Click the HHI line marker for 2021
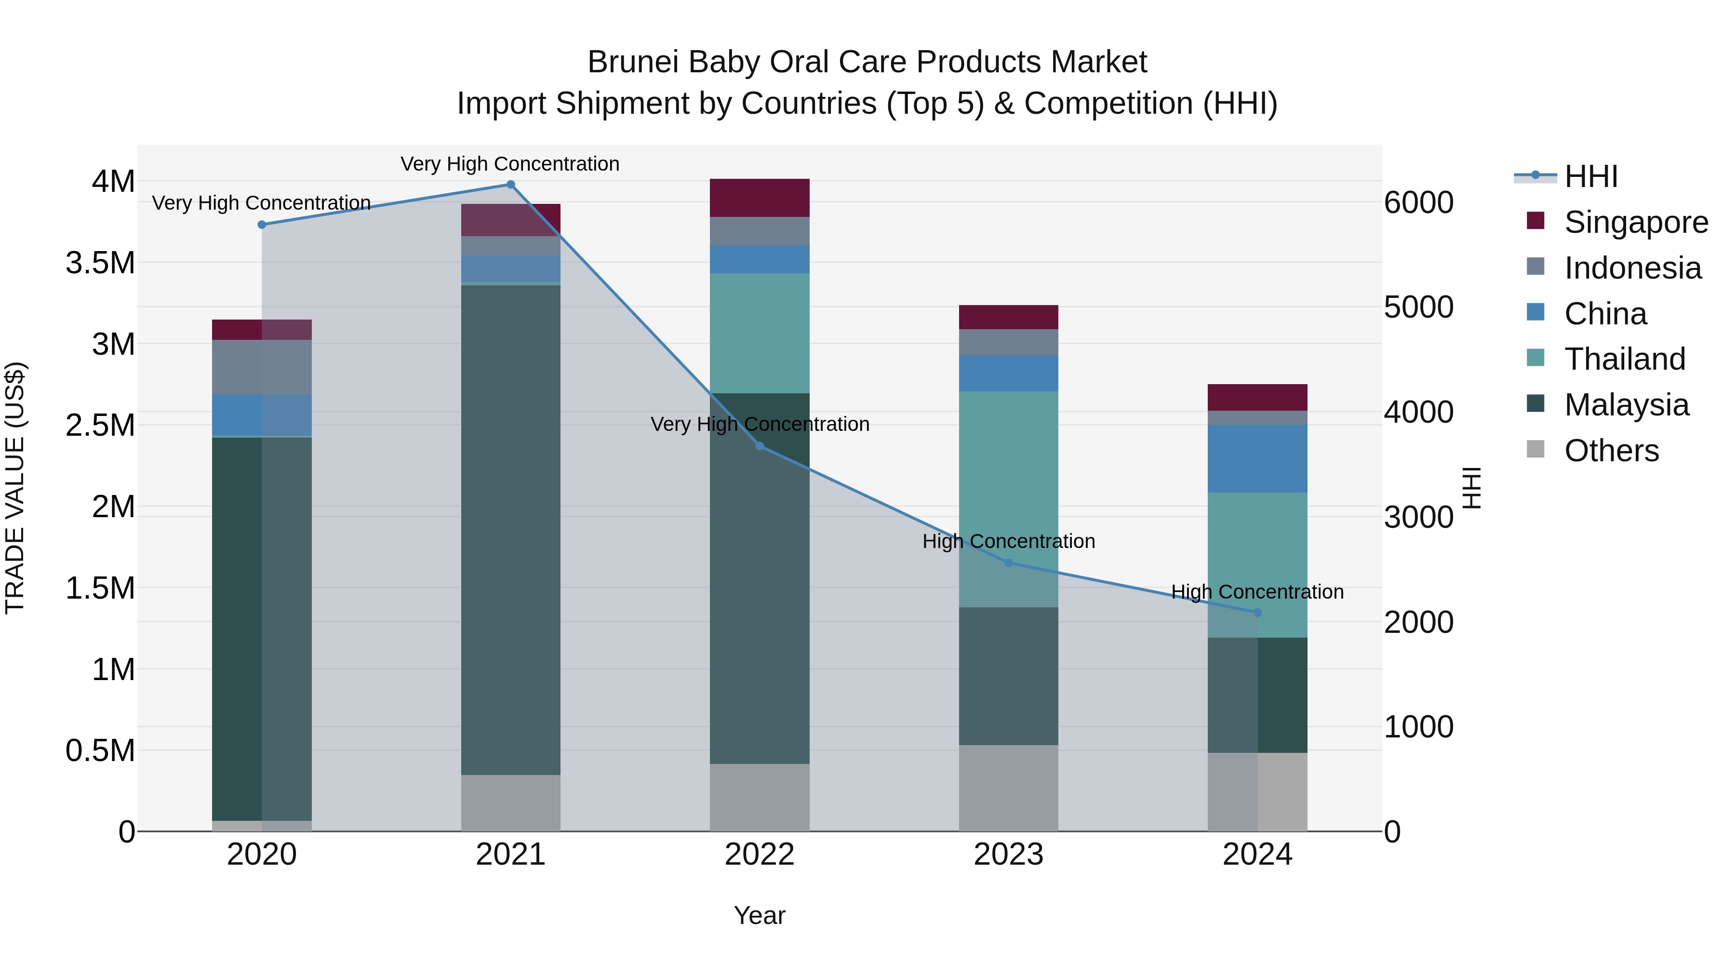510,185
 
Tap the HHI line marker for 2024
1257,612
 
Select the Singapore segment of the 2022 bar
759,198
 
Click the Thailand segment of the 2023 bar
1008,498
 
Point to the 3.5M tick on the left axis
100,263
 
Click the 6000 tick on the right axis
1418,202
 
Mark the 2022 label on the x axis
759,855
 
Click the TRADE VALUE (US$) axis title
15,488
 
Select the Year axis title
759,915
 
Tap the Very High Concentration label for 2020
261,203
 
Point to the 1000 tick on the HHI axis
1418,727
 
